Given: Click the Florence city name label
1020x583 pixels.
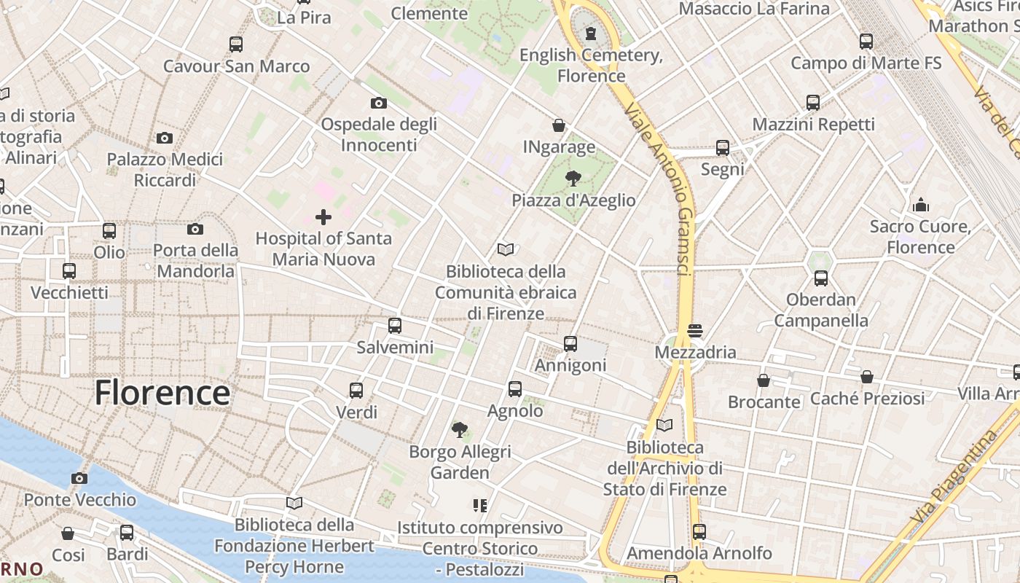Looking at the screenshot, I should (x=162, y=393).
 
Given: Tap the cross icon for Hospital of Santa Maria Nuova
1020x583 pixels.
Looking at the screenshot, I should (x=323, y=217).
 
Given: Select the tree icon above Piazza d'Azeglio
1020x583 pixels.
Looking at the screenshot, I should (x=573, y=179).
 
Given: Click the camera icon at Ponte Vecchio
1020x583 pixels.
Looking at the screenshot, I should (x=79, y=479).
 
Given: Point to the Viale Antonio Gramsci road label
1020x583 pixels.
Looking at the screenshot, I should (x=663, y=189).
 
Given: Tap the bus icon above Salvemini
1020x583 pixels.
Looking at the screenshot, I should (x=395, y=326).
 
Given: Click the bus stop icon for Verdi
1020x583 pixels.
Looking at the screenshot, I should (x=356, y=391).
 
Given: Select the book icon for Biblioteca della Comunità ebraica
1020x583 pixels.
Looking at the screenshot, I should (x=506, y=250).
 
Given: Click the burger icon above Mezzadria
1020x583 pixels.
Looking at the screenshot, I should (x=695, y=331).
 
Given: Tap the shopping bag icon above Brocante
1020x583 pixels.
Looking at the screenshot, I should (x=764, y=380).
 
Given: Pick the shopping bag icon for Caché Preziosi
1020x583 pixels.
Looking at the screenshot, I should (x=867, y=377).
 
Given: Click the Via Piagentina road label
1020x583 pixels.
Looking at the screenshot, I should (x=954, y=477).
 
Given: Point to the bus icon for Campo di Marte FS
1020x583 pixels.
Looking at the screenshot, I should (x=866, y=42).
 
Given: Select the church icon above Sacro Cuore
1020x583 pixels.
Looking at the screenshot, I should (x=921, y=205).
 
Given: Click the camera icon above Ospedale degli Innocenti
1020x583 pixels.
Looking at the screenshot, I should (x=379, y=103).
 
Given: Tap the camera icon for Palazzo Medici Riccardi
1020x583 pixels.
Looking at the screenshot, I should (x=165, y=138).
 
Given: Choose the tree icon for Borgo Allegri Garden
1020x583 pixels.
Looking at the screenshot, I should (x=460, y=430).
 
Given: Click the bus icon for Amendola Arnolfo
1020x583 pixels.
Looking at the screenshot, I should (x=699, y=532).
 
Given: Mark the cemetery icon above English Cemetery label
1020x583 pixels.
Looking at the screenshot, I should (x=591, y=34).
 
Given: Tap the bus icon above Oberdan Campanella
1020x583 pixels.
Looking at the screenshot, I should (x=821, y=278).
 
